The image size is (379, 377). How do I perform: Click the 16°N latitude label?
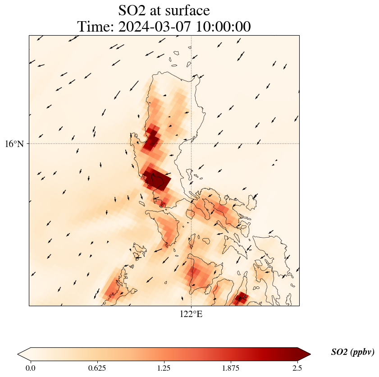pyautogui.click(x=17, y=144)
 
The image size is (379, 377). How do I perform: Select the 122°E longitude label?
pyautogui.click(x=191, y=314)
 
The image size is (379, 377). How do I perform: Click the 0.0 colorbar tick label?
pyautogui.click(x=31, y=368)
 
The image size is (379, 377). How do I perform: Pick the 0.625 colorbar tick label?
pyautogui.click(x=97, y=368)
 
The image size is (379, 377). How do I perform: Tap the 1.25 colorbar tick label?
pyautogui.click(x=164, y=368)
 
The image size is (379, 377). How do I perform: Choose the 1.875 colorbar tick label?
pyautogui.click(x=231, y=368)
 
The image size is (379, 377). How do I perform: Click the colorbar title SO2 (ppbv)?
pyautogui.click(x=352, y=352)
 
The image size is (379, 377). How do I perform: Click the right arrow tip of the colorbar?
pyautogui.click(x=310, y=354)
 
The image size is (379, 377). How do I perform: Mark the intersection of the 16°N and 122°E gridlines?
pyautogui.click(x=192, y=144)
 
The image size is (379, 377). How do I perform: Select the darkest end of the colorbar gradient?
pyautogui.click(x=295, y=354)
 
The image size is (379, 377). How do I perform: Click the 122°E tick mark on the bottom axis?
pyautogui.click(x=192, y=306)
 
